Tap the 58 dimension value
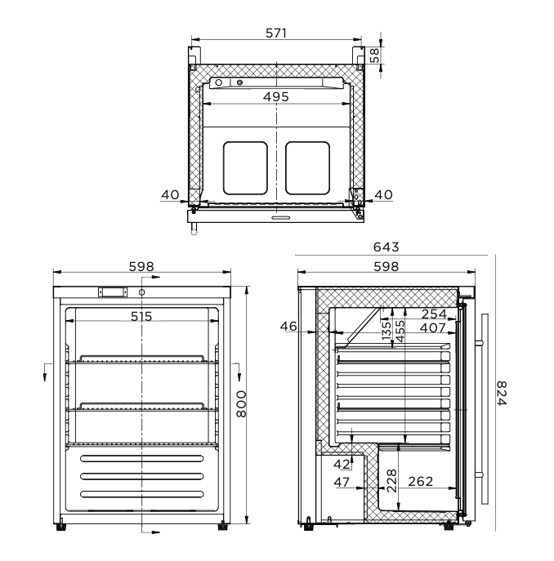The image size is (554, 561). click(374, 56)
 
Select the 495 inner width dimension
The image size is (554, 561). click(275, 96)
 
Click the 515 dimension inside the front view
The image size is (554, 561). click(142, 316)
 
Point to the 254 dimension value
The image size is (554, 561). click(436, 314)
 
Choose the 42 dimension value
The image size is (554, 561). click(342, 464)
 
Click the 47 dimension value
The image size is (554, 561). click(342, 483)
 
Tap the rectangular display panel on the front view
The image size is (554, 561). click(112, 292)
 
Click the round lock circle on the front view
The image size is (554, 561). click(142, 292)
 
